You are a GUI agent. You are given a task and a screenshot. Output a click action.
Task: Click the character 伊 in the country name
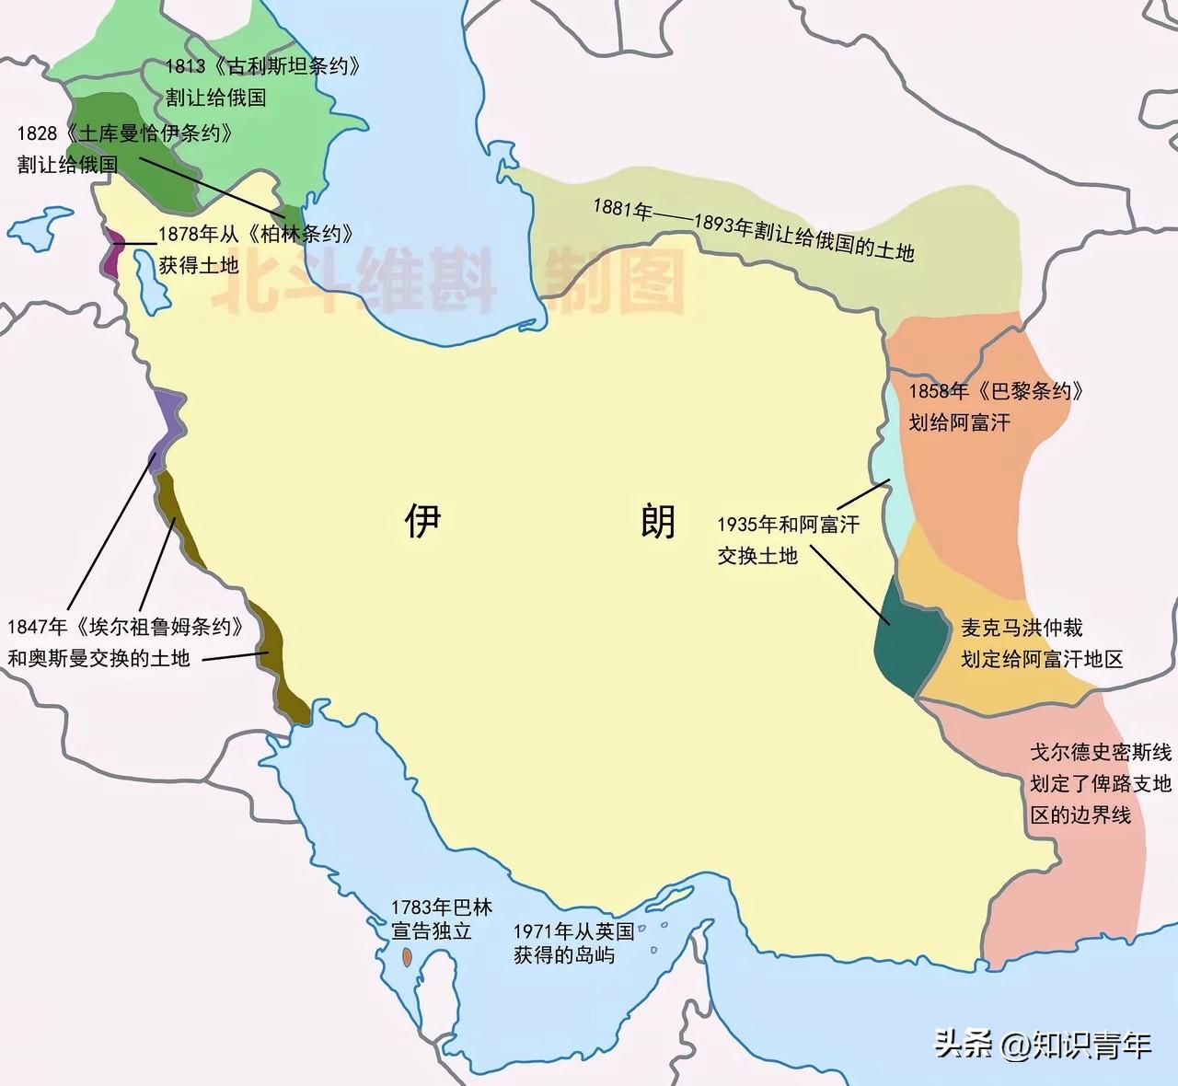(x=423, y=521)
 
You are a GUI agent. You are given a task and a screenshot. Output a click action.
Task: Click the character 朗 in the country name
(x=658, y=521)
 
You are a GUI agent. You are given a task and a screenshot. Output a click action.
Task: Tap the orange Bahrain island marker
(x=406, y=958)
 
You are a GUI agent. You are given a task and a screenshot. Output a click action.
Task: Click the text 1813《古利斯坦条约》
(x=262, y=66)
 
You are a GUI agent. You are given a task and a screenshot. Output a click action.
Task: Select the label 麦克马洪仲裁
(x=1022, y=628)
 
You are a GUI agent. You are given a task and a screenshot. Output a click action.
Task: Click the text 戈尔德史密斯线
(x=1100, y=752)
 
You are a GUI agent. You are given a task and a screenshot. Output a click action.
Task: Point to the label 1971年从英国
(x=573, y=931)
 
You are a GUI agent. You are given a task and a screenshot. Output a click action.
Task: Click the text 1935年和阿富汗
(x=788, y=525)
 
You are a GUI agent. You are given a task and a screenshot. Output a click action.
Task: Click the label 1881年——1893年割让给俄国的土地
(x=753, y=229)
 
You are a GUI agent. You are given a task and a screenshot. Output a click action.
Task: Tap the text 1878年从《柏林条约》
(x=256, y=235)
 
